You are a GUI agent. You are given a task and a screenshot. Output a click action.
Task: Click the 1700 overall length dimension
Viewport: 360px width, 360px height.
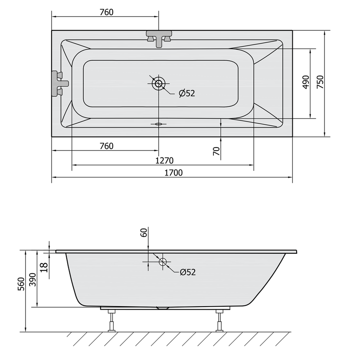pyautogui.click(x=173, y=173)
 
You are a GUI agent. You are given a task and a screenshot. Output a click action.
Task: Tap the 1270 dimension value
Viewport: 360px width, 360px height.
pyautogui.click(x=164, y=160)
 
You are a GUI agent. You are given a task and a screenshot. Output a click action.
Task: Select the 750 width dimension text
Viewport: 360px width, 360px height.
pyautogui.click(x=320, y=82)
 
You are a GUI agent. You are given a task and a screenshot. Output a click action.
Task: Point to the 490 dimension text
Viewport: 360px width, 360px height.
pyautogui.click(x=306, y=82)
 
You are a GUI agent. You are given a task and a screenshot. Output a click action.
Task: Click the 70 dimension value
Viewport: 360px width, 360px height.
pyautogui.click(x=216, y=151)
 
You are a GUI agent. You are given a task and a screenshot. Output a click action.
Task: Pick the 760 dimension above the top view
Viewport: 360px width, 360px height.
pyautogui.click(x=107, y=12)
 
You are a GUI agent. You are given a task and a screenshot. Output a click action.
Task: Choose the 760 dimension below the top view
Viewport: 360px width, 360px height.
pyautogui.click(x=107, y=146)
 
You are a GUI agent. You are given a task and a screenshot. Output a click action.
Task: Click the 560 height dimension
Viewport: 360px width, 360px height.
pyautogui.click(x=21, y=284)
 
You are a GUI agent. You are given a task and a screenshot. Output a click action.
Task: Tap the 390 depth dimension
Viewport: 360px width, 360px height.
pyautogui.click(x=33, y=279)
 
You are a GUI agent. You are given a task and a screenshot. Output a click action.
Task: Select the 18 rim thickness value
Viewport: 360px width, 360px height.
pyautogui.click(x=44, y=268)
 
